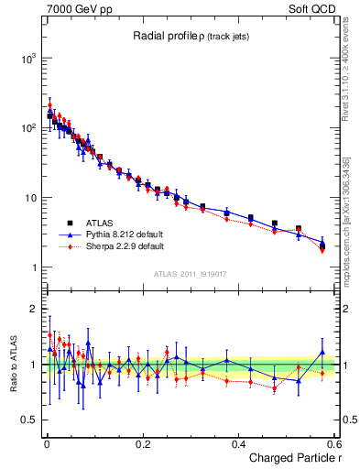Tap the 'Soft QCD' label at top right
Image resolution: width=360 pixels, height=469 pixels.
click(x=311, y=8)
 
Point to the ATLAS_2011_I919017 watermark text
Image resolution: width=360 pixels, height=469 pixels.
click(x=192, y=273)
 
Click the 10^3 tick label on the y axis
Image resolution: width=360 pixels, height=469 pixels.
click(x=25, y=58)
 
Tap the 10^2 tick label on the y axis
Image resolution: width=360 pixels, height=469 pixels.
click(x=25, y=128)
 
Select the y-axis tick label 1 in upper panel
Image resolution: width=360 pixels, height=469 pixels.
click(x=32, y=268)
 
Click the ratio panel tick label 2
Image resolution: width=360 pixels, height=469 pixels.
click(x=32, y=309)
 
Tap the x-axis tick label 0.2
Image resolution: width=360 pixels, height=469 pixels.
click(x=142, y=443)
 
